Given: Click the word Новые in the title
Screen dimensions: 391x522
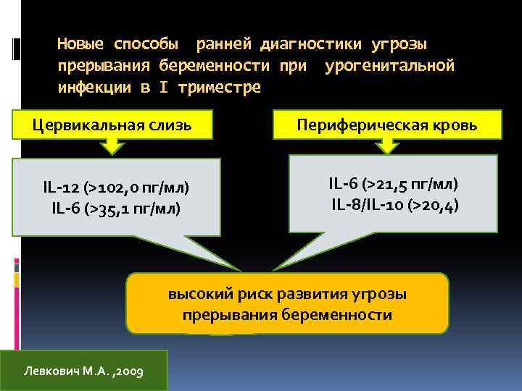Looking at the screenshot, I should (80, 44).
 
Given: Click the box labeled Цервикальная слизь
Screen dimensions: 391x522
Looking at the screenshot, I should (112, 125).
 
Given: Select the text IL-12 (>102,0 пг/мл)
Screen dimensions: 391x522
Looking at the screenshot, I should (116, 188).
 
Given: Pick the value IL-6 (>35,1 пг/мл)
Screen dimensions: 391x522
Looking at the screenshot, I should (116, 209).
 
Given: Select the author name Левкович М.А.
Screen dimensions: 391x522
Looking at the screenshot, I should (62, 371).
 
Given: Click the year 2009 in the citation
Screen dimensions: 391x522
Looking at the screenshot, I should (128, 371).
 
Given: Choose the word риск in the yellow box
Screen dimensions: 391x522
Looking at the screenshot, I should (246, 295).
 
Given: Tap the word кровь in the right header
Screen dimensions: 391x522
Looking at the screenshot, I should (457, 125).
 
